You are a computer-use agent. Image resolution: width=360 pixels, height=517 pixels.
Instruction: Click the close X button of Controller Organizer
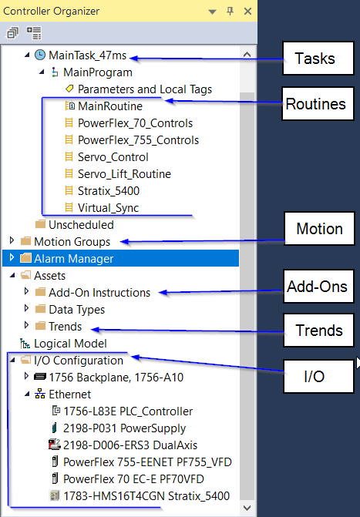247,12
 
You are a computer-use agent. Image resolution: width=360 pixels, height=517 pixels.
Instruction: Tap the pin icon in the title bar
230,12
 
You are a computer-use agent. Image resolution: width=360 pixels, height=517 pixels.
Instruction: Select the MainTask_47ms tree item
87,55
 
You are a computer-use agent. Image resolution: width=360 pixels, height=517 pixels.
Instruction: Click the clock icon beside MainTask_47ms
40,55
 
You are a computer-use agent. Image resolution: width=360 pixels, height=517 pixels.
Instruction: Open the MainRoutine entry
110,106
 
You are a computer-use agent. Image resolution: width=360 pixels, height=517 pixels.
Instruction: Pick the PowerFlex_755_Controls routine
138,140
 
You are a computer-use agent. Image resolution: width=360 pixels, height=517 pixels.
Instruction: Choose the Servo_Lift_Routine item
124,174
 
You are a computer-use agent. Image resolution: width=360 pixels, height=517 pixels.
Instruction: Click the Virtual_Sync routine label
108,208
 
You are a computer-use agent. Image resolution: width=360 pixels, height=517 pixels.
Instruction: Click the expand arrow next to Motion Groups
12,240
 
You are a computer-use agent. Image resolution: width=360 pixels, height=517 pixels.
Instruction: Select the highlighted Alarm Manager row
120,258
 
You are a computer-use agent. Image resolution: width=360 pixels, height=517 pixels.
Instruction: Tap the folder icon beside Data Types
40,309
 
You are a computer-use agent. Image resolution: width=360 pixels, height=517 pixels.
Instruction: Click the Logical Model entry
70,344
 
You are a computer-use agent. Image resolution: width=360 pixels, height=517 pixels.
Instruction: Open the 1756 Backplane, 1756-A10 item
116,378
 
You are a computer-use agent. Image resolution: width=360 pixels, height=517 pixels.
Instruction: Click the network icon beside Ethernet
40,394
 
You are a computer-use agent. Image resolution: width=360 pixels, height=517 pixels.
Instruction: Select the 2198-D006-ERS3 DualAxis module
130,445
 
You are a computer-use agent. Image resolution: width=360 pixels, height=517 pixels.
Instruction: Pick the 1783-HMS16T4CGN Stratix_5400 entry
146,496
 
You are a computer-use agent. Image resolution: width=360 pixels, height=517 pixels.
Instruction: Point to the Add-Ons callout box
318,286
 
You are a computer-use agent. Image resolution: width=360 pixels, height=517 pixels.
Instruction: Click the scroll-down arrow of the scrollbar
247,508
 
